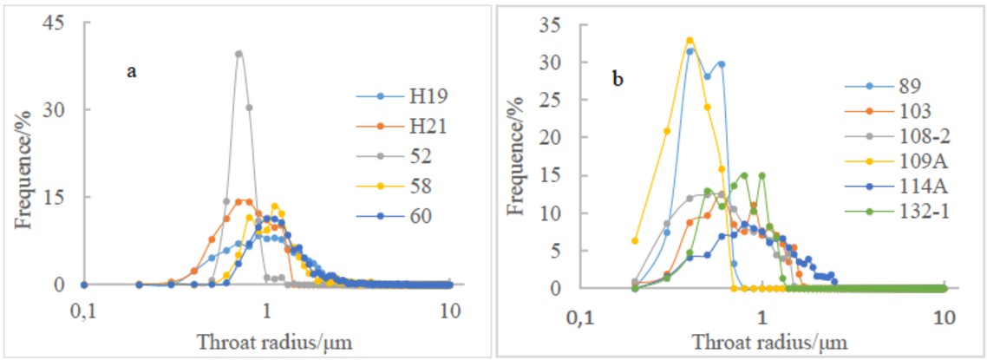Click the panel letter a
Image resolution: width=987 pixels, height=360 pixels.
click(132, 72)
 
